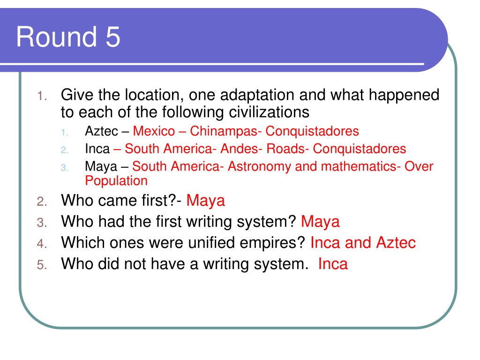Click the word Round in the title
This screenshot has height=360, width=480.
click(x=57, y=37)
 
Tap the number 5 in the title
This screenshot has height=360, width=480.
click(x=113, y=37)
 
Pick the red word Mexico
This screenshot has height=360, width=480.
click(x=154, y=131)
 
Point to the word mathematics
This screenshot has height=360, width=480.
click(x=361, y=166)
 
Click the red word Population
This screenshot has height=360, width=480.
click(x=116, y=181)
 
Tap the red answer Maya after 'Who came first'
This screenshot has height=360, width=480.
click(x=206, y=201)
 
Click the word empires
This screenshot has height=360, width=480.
click(x=272, y=243)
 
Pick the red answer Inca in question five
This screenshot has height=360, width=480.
click(x=333, y=264)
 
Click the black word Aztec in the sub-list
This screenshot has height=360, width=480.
click(x=102, y=131)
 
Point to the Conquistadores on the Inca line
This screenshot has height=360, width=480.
click(x=360, y=149)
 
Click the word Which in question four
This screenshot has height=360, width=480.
click(x=83, y=243)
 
